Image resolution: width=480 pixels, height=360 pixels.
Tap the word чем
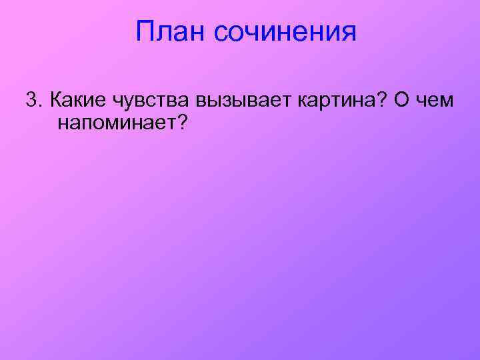(x=436, y=101)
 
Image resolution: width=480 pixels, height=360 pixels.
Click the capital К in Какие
(x=57, y=100)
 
